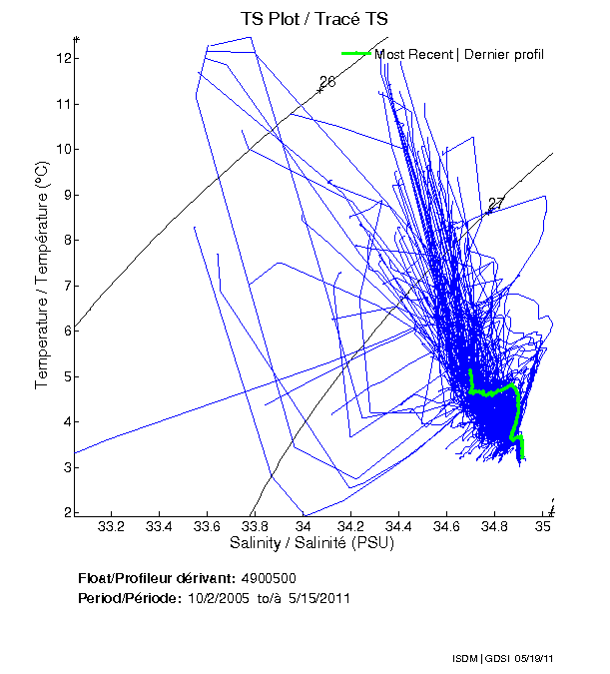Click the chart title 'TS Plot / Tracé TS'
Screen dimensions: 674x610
coord(314,18)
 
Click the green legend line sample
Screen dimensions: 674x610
coord(356,54)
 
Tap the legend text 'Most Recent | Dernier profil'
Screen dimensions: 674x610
coord(459,54)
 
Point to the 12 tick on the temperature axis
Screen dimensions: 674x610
coord(62,58)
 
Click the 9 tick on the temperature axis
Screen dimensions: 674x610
coord(62,195)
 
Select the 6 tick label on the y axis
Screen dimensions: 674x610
coord(62,331)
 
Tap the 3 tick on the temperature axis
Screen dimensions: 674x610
coord(62,467)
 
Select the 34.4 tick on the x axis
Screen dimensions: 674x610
coord(399,526)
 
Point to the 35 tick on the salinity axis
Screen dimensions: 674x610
coord(544,526)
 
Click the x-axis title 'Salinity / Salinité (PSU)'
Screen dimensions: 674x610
coord(315,543)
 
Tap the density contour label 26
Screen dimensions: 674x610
coord(327,81)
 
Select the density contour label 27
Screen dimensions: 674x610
coord(496,204)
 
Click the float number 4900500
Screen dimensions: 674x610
coord(268,579)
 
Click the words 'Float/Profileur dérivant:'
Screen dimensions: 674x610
coord(155,579)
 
